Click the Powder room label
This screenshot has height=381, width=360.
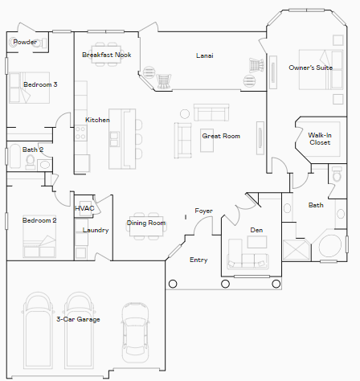25,42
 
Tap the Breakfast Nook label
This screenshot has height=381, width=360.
107,55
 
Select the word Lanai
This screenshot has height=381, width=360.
205,55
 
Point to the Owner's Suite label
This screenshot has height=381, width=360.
311,68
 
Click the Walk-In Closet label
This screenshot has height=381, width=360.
320,139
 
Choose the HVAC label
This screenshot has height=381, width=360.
84,208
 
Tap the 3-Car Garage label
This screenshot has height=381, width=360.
78,319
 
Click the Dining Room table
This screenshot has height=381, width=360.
146,227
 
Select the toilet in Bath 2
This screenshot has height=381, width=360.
31,162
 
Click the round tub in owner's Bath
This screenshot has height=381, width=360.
330,246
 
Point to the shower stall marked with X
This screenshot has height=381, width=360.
296,250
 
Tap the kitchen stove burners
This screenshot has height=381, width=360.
80,133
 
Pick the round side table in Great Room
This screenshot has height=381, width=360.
185,114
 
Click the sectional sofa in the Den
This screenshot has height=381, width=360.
247,258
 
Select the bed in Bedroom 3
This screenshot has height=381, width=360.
30,88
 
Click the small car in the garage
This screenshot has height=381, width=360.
135,332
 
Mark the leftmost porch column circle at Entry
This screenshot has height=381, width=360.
173,284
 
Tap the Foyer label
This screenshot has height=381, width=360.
203,211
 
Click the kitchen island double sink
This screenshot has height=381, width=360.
114,139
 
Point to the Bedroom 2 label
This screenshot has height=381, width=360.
39,220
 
